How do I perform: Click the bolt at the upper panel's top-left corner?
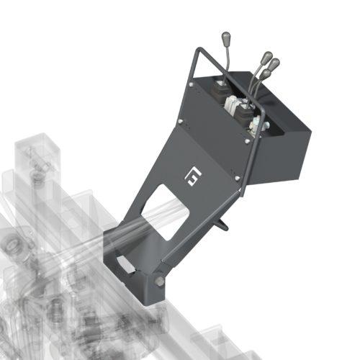(x=190, y=86)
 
